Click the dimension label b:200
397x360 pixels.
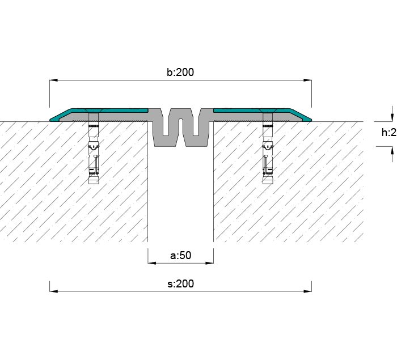point(180,73)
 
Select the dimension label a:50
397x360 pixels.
point(180,256)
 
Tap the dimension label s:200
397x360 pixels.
point(180,283)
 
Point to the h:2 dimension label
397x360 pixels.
point(388,133)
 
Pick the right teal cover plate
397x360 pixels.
point(255,110)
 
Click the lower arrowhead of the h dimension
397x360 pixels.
point(391,150)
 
